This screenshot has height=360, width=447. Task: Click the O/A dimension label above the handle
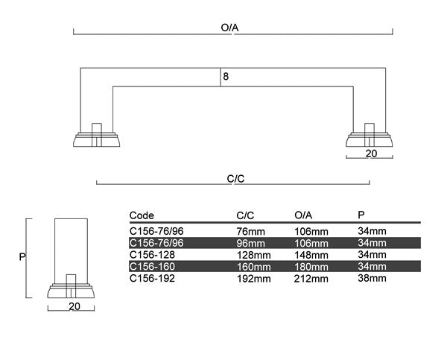coord(229,28)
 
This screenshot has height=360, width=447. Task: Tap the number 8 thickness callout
coord(226,76)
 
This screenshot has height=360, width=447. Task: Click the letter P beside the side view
coord(22,256)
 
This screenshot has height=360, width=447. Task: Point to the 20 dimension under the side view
coord(74,306)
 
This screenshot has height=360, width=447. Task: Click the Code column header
coord(142,215)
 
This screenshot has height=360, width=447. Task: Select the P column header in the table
coord(361,215)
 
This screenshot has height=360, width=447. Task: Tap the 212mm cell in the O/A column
coord(311,278)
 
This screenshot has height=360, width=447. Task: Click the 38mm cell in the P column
coord(372,278)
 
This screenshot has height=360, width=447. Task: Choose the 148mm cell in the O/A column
coord(311,254)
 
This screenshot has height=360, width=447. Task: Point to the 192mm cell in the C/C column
coord(252,278)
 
